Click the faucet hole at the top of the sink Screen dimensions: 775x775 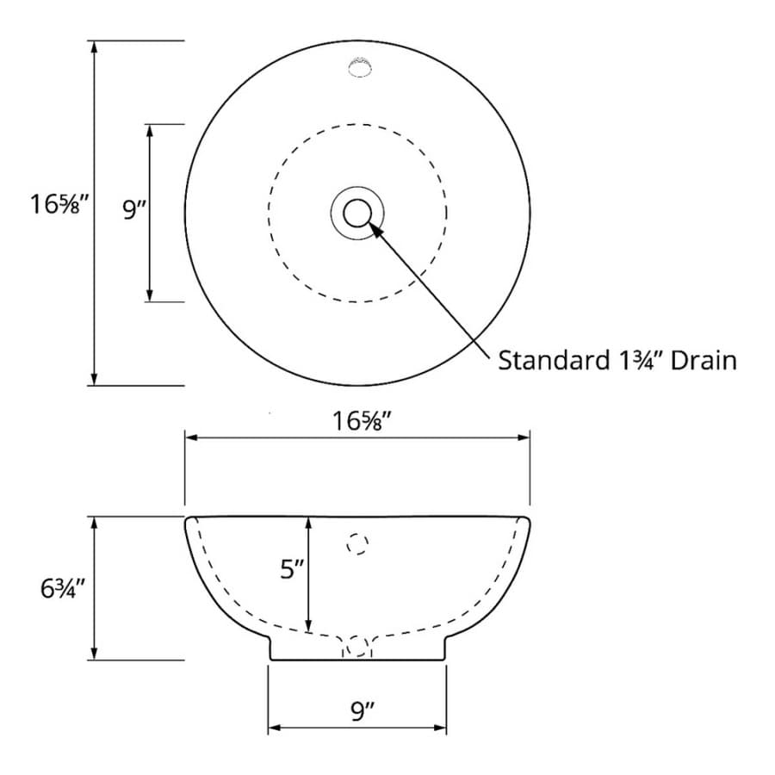point(359,68)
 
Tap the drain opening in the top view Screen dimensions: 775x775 point(357,213)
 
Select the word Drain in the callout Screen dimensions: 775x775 point(704,360)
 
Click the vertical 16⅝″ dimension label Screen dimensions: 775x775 point(59,203)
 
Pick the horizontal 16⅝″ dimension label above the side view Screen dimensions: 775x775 point(363,422)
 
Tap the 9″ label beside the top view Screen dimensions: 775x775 point(134,209)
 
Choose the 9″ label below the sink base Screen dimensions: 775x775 point(363,711)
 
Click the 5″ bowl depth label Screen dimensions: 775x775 point(292,569)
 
